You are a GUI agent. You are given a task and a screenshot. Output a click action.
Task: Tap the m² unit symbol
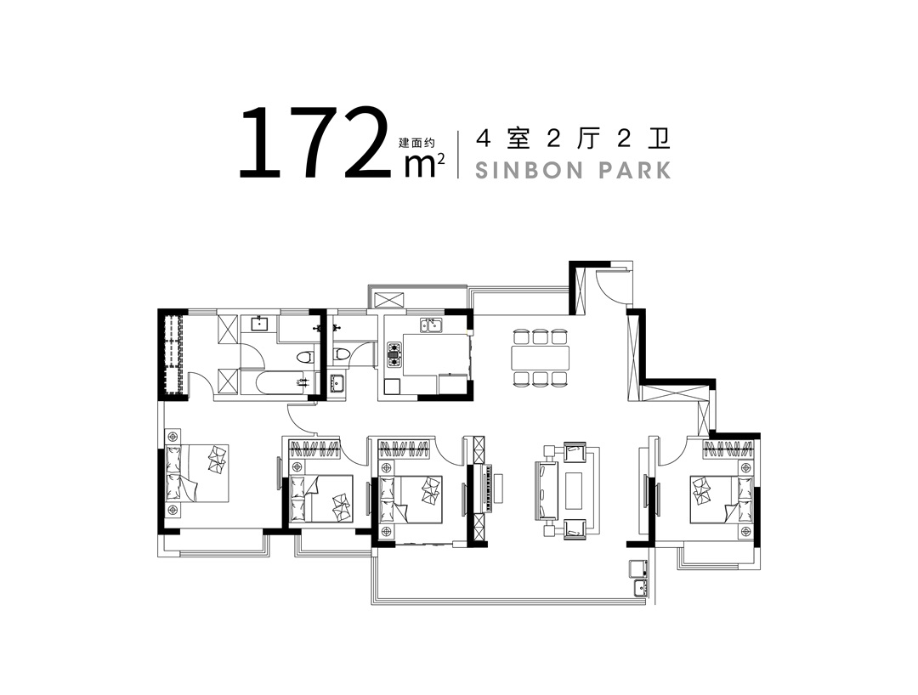pyautogui.click(x=423, y=165)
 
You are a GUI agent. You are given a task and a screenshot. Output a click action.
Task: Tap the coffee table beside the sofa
pyautogui.click(x=574, y=490)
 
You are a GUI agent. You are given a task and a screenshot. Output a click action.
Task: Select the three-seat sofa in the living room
pyautogui.click(x=544, y=490)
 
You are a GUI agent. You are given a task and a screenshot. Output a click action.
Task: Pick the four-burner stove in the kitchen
pyautogui.click(x=394, y=353)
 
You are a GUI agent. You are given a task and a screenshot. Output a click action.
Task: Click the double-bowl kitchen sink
pyautogui.click(x=430, y=324)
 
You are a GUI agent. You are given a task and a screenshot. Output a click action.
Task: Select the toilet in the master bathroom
pyautogui.click(x=304, y=357)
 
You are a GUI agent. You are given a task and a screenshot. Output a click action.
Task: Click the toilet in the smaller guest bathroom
pyautogui.click(x=341, y=353)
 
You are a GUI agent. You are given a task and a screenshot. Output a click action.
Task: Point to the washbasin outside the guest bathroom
pyautogui.click(x=337, y=384)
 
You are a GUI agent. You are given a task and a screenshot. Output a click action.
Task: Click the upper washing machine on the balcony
pyautogui.click(x=637, y=568)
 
